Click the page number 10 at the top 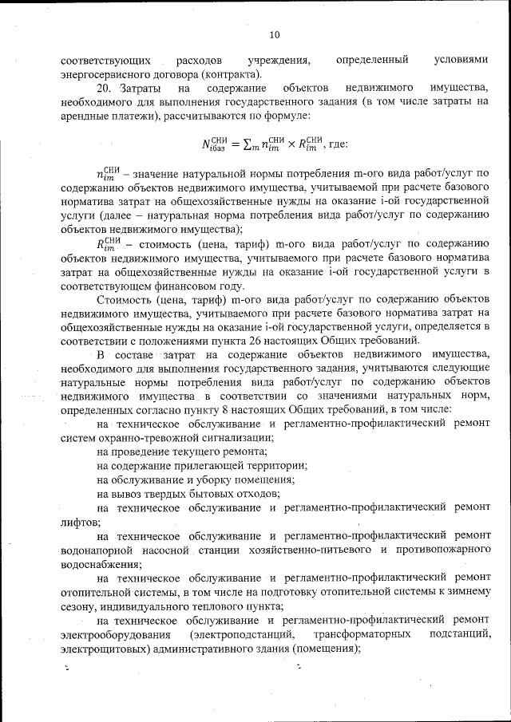274,35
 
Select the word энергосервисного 101,73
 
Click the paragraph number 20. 103,89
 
